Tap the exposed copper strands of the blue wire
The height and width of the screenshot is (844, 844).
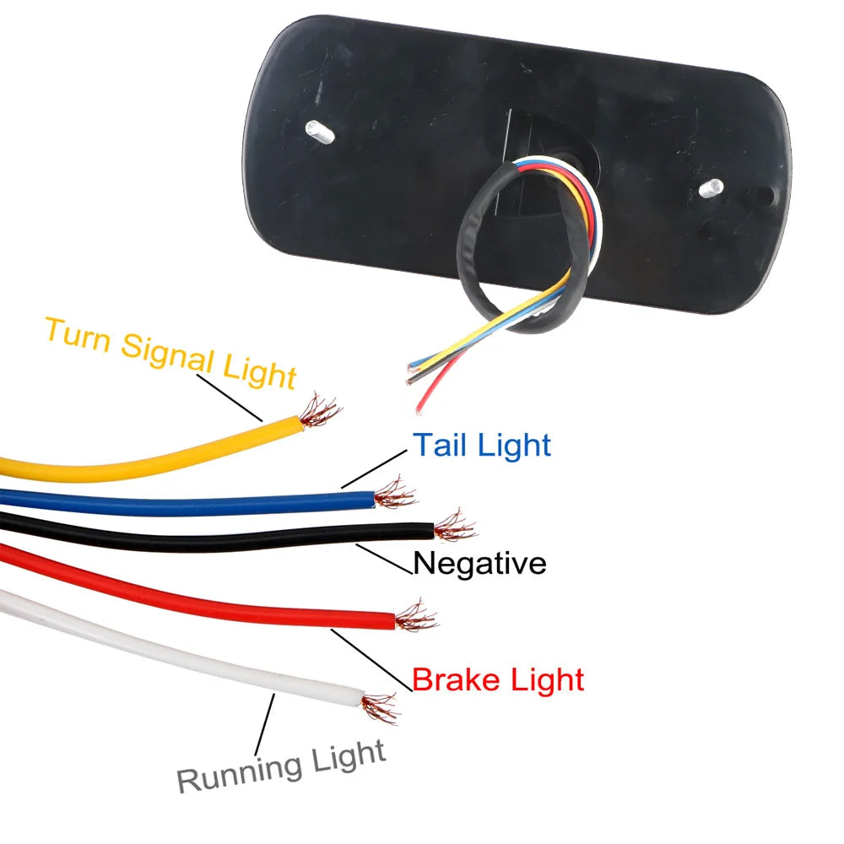click(394, 494)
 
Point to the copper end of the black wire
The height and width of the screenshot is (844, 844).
click(454, 527)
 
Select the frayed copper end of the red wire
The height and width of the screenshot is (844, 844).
click(416, 617)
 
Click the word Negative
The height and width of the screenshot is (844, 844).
click(479, 563)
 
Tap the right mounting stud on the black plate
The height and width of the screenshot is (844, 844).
click(714, 187)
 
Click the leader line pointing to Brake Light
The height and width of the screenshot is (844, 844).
click(371, 660)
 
